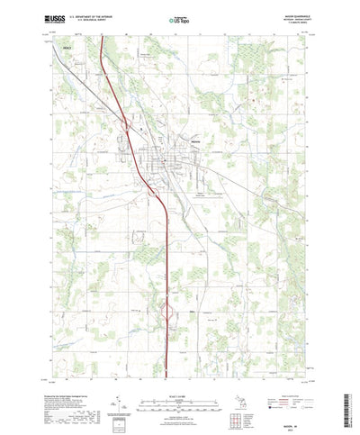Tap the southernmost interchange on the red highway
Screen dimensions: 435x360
167,312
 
